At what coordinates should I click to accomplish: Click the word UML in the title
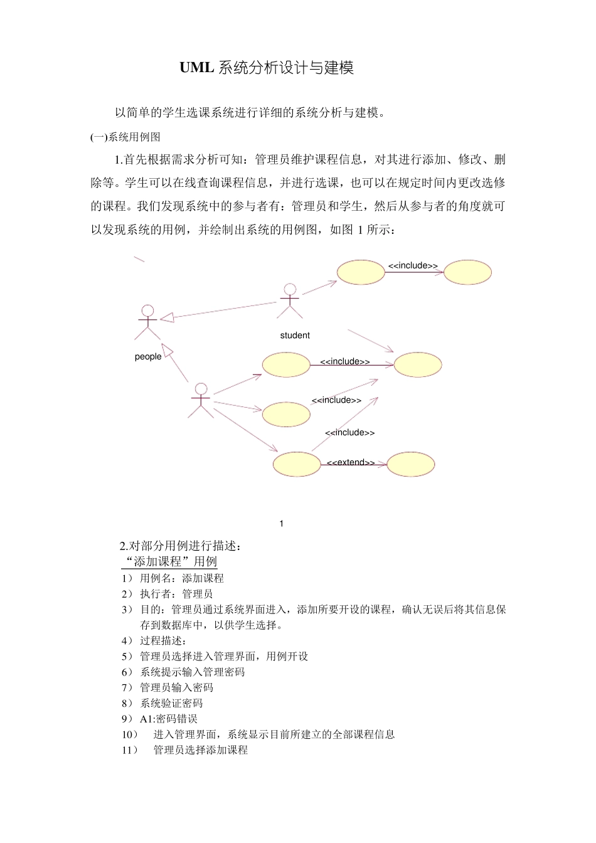pos(196,68)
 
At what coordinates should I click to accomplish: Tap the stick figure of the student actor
pos(289,300)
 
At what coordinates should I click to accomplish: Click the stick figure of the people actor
pos(147,321)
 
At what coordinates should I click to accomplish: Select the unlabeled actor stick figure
pos(201,400)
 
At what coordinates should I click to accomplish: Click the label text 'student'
pos(295,336)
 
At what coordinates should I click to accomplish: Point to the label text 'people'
pos(148,357)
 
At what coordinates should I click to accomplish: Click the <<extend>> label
pos(351,463)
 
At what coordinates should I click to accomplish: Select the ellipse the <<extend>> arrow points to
pos(410,464)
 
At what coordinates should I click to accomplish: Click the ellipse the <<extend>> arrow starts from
pos(297,464)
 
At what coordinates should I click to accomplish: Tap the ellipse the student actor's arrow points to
pos(361,272)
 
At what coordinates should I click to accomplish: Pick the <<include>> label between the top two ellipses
pos(413,266)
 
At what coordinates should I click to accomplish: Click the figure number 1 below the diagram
pos(282,524)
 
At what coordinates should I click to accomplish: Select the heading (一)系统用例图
pos(125,137)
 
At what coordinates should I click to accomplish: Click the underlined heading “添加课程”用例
pos(169,561)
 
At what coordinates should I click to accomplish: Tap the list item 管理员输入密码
pos(176,687)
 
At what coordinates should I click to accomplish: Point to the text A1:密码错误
pos(168,719)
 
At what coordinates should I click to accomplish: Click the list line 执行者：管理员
pos(176,594)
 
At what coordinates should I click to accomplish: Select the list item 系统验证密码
pos(171,703)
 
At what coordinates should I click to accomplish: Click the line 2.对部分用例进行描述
pos(181,546)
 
